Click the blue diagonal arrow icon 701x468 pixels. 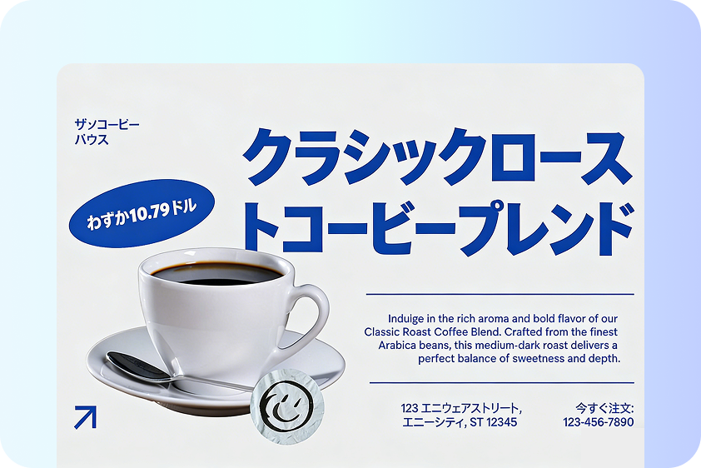(85, 416)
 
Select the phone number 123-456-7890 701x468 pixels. (598, 422)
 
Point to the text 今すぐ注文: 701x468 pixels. (604, 408)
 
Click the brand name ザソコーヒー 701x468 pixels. (107, 125)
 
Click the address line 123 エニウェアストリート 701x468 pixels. (461, 408)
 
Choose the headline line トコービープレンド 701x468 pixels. (437, 225)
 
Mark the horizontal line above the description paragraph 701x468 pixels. (500, 294)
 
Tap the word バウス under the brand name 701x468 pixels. (92, 139)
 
